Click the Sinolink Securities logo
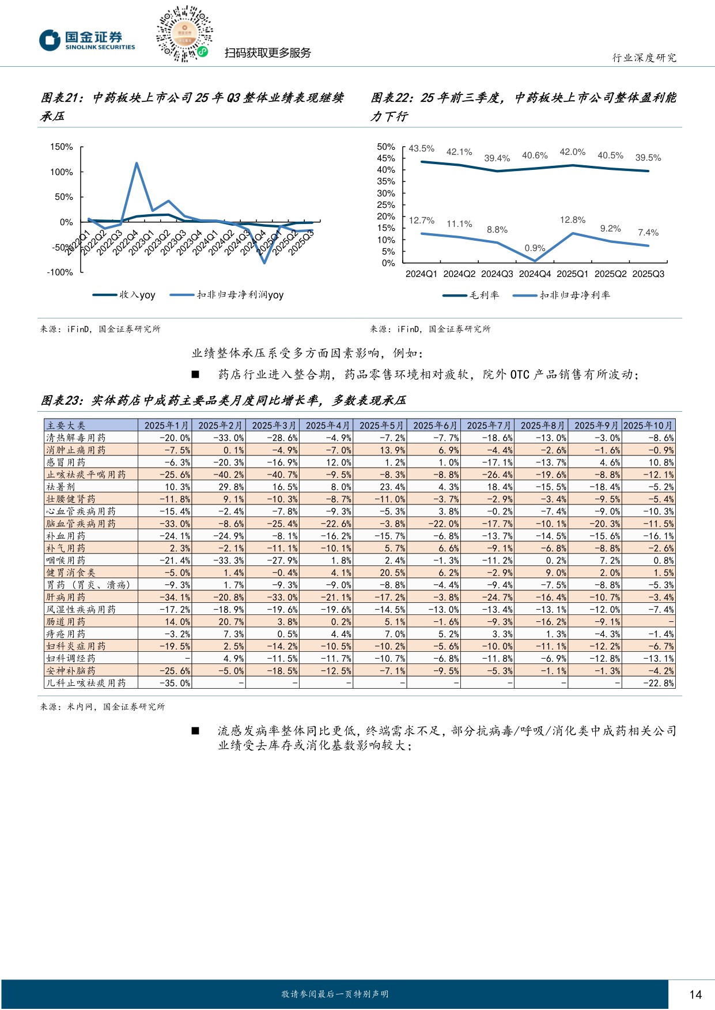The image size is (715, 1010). coord(87,40)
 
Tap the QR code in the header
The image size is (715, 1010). coord(184,35)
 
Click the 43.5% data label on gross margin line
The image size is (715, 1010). coord(421,149)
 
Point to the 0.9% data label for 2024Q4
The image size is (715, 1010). coord(535,248)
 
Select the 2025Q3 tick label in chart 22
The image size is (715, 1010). coord(648,274)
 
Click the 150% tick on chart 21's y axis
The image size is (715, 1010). coord(62,147)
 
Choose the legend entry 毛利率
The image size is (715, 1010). coord(471,295)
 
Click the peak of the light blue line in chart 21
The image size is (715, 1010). coord(137,163)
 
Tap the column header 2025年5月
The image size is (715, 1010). coord(381,426)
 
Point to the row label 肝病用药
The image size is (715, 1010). coord(66,597)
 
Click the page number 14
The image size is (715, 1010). coord(695,994)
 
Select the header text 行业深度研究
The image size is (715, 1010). coord(644,58)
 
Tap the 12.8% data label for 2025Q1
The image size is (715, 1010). coord(572,220)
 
